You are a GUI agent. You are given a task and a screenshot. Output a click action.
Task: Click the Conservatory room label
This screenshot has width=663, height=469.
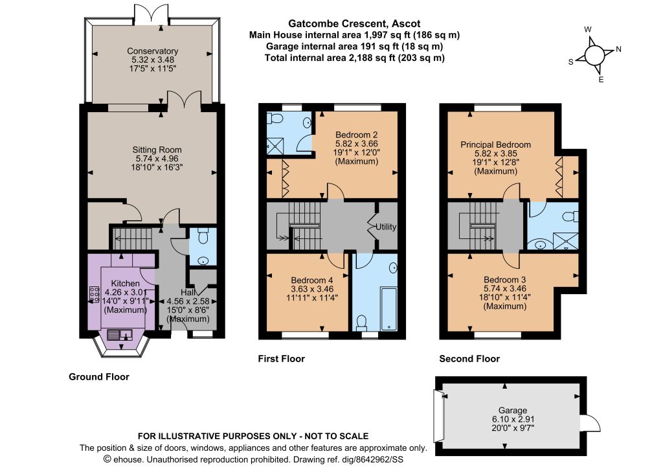point(152,51)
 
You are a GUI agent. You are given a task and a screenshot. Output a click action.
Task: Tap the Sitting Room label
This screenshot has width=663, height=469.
point(157,150)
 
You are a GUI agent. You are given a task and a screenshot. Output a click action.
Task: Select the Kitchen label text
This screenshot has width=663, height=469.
point(125,283)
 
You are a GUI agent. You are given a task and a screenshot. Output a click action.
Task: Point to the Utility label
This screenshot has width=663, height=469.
point(386,227)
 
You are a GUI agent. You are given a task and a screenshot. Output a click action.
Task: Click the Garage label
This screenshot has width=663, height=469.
point(513,410)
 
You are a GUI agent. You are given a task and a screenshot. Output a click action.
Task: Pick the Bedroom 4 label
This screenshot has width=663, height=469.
point(312,280)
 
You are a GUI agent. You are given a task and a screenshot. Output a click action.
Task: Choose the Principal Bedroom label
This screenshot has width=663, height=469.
point(495,144)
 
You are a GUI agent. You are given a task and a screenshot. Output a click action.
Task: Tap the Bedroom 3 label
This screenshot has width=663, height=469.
point(505,280)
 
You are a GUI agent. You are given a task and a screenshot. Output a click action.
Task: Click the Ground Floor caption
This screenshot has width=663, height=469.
point(99,377)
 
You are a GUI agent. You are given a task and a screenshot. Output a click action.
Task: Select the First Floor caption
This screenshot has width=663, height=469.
point(281,359)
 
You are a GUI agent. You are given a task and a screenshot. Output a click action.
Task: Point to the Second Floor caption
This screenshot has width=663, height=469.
point(469,359)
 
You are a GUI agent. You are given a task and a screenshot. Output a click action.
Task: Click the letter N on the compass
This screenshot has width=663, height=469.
point(618,49)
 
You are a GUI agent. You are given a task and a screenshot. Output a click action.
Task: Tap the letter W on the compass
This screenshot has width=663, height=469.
point(588,30)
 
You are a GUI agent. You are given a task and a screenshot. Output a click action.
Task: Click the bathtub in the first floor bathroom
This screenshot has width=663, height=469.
point(389,308)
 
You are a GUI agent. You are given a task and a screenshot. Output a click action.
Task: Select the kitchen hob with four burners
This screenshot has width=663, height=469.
point(95,294)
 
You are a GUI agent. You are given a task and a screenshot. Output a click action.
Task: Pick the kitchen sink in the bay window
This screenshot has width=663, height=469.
point(120,335)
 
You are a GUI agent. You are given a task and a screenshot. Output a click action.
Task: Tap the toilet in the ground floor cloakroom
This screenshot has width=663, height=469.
point(203,236)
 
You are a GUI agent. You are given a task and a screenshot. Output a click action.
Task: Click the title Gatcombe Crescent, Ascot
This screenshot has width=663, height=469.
point(354,24)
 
